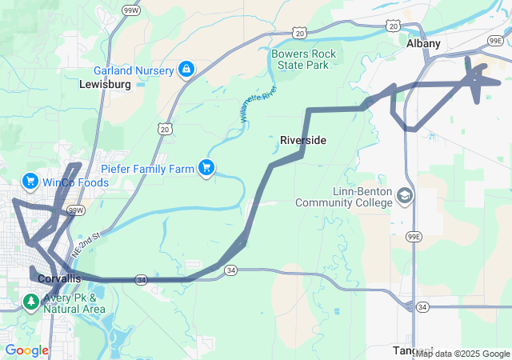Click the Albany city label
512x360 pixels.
[x=423, y=44]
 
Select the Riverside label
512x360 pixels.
[x=303, y=140]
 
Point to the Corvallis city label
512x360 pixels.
[x=59, y=278]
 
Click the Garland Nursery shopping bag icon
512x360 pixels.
[x=186, y=70]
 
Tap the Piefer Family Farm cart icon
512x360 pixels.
[x=206, y=167]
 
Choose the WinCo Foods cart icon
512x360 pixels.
[x=31, y=182]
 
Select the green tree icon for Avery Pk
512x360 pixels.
[x=31, y=302]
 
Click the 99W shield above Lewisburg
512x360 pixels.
[x=129, y=9]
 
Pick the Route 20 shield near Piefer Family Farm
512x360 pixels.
[x=165, y=129]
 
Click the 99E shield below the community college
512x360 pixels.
[x=414, y=237]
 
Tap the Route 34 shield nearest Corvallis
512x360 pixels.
[x=141, y=280]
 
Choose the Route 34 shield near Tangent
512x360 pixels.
[x=422, y=306]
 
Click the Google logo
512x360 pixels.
[x=26, y=350]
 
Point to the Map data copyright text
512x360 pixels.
[x=462, y=354]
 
